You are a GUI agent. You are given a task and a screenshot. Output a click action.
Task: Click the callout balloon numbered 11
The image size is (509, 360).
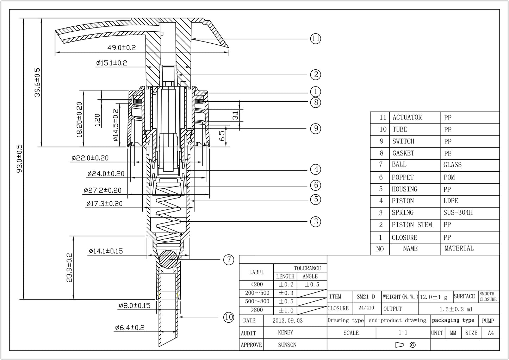[x=316, y=38]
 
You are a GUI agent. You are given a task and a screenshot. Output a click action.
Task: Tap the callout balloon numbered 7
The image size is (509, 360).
[x=229, y=260]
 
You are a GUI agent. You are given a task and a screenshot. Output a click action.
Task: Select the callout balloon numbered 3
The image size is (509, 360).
[x=316, y=221]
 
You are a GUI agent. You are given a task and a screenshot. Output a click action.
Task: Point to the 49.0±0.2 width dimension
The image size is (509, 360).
[x=122, y=48]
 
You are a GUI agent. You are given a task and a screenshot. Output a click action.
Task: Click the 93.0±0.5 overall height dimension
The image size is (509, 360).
[x=19, y=158]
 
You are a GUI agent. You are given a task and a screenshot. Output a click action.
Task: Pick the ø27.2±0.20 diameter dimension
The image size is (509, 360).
[x=103, y=190]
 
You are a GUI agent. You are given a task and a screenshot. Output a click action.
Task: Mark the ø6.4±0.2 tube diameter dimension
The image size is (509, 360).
[x=130, y=328]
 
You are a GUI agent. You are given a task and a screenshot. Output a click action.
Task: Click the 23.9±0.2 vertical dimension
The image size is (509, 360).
[x=69, y=268]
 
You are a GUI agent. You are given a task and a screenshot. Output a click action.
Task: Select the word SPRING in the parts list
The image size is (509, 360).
[x=403, y=213]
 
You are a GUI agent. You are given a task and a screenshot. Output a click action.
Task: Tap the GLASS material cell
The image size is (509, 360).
[x=452, y=165]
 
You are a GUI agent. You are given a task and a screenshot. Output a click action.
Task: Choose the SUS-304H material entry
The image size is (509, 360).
[x=458, y=213]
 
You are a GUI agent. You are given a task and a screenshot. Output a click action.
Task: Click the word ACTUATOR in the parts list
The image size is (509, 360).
[x=407, y=118]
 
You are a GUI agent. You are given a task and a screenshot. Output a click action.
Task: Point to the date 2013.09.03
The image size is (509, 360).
[x=287, y=321]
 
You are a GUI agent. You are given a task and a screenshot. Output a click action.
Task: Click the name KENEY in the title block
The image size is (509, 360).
[x=285, y=333]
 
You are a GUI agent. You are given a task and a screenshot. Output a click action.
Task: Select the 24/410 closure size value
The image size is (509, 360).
[x=366, y=308]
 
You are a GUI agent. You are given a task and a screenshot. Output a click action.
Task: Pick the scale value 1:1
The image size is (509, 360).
[x=403, y=333]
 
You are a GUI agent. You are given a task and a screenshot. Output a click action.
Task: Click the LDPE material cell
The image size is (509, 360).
[x=451, y=201]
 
